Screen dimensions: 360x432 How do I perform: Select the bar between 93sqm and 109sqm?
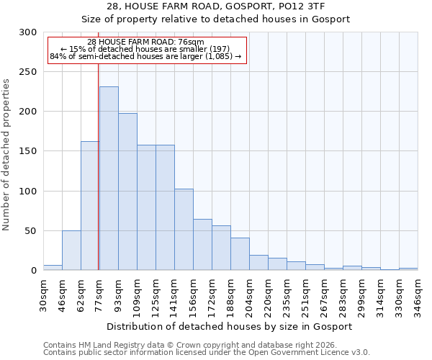pos(127,192)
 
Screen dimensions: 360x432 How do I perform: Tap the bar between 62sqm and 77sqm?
pos(90,205)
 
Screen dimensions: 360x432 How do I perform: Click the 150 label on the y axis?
pos(28,151)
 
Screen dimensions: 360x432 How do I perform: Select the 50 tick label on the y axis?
pos(31,231)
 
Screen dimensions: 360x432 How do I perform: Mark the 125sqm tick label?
pos(156,294)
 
